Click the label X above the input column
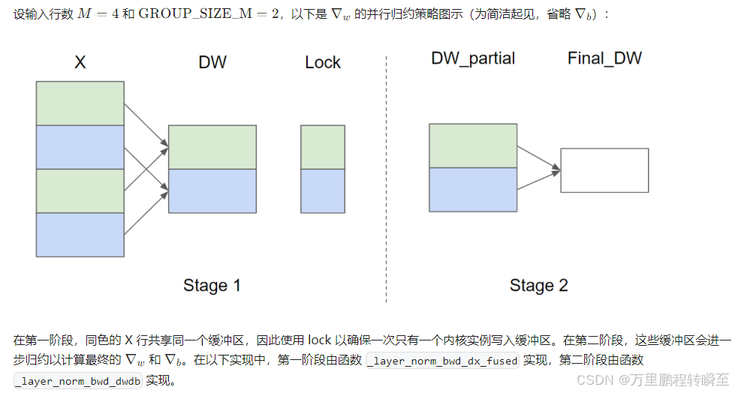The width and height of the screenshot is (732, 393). (x=80, y=63)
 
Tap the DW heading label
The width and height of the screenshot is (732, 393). (x=212, y=63)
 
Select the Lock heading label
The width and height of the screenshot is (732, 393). (x=323, y=63)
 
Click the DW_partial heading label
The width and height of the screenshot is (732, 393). (x=473, y=58)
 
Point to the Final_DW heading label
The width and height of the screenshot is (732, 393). (x=604, y=58)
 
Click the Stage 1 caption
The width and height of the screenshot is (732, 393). (x=212, y=285)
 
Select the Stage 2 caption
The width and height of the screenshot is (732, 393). (x=538, y=285)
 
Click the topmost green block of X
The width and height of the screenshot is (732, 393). (x=80, y=103)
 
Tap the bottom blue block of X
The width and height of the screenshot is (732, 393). (x=80, y=235)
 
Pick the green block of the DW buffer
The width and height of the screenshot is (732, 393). (x=212, y=147)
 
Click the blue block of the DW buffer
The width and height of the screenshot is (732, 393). (x=212, y=190)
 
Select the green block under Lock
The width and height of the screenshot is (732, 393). (x=322, y=147)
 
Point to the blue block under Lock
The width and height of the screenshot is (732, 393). (x=322, y=190)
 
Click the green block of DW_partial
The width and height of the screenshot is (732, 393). (x=473, y=145)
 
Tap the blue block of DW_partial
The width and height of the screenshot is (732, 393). (x=473, y=189)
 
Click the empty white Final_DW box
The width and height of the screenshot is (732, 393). (x=604, y=170)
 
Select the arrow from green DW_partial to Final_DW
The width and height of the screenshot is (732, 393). (x=539, y=158)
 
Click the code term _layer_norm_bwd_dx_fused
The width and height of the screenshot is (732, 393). (x=443, y=361)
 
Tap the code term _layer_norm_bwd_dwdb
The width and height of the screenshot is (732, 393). (x=78, y=380)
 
